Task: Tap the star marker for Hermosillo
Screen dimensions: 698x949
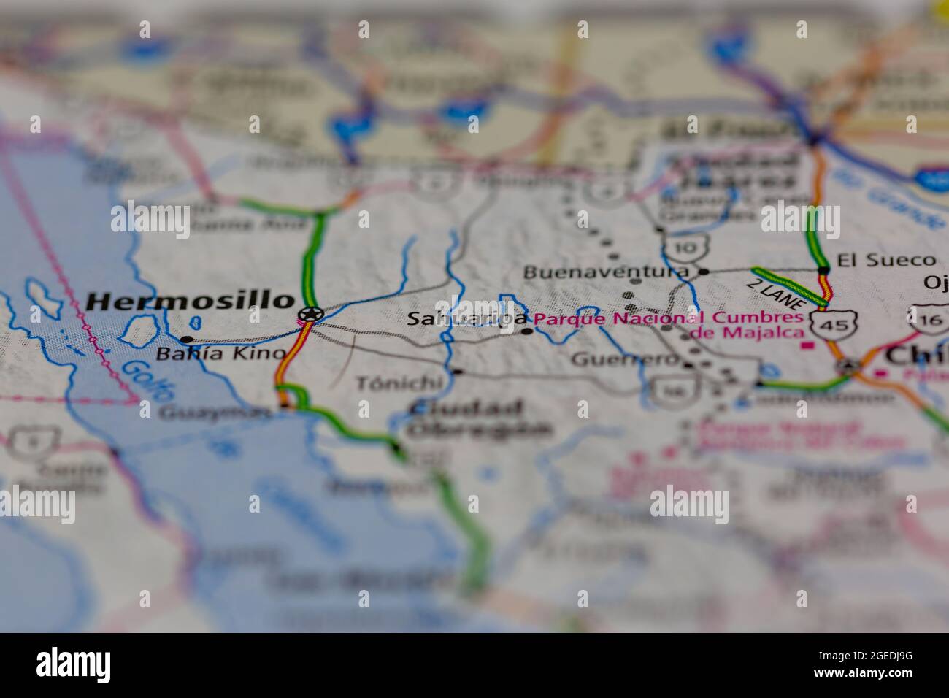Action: (311, 315)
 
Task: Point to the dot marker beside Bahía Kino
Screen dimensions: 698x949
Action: (187, 340)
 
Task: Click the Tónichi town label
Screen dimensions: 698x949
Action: (399, 382)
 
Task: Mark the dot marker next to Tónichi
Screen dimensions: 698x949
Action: (457, 372)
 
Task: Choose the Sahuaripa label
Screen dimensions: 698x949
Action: (466, 319)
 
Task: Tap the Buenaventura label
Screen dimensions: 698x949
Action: (605, 272)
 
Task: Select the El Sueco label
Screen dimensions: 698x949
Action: (885, 260)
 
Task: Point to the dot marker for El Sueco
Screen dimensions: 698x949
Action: (824, 270)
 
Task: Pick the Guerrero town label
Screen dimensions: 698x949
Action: (625, 359)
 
